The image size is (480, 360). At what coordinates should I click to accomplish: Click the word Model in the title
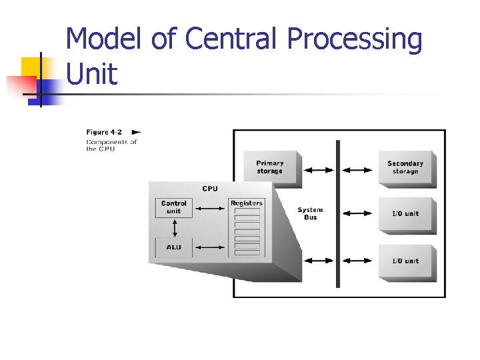pyautogui.click(x=103, y=39)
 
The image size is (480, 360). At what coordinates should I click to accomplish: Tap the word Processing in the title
pyautogui.click(x=355, y=41)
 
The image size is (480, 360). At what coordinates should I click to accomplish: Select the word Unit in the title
pyautogui.click(x=92, y=74)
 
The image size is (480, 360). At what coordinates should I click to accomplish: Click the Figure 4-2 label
pyautogui.click(x=103, y=132)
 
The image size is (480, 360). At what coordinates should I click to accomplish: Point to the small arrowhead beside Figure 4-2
pyautogui.click(x=137, y=132)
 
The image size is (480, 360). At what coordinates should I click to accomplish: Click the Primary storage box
pyautogui.click(x=270, y=167)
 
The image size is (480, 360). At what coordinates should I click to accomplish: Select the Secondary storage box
pyautogui.click(x=405, y=167)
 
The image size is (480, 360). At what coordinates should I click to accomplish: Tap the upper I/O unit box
pyautogui.click(x=405, y=213)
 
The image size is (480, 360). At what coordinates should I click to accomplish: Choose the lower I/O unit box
pyautogui.click(x=405, y=261)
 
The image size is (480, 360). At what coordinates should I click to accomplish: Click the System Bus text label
pyautogui.click(x=310, y=213)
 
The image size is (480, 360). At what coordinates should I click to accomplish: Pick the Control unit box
pyautogui.click(x=174, y=207)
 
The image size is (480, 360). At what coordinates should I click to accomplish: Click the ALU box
pyautogui.click(x=173, y=247)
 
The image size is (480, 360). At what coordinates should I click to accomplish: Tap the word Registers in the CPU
pyautogui.click(x=247, y=203)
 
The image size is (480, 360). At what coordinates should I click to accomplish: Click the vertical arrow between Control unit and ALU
pyautogui.click(x=174, y=227)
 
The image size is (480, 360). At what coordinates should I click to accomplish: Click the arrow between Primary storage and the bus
pyautogui.click(x=319, y=170)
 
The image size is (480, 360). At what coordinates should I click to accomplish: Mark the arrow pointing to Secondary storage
pyautogui.click(x=358, y=170)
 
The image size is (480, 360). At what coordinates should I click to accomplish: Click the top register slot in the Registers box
pyautogui.click(x=247, y=211)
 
